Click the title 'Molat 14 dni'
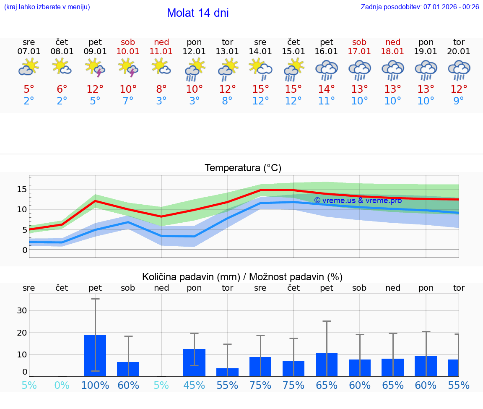coord(197,13)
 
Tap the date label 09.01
coord(95,52)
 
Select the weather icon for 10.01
coord(128,68)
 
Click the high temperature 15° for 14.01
coord(260,89)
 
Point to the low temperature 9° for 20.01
coord(459,101)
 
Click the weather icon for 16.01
coord(327,69)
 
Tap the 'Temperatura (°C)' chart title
coord(243,168)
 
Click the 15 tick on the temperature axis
coord(22,189)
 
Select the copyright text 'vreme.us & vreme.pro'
coord(358,201)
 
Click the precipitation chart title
coord(242,277)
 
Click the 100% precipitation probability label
coord(95,385)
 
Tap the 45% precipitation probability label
coord(194,385)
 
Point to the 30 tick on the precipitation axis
coord(22,310)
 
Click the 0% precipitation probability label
coord(62,385)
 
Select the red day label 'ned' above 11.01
coord(161,42)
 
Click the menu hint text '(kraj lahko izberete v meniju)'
coord(47,7)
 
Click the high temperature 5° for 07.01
coord(29,89)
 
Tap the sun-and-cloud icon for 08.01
coord(62,67)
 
